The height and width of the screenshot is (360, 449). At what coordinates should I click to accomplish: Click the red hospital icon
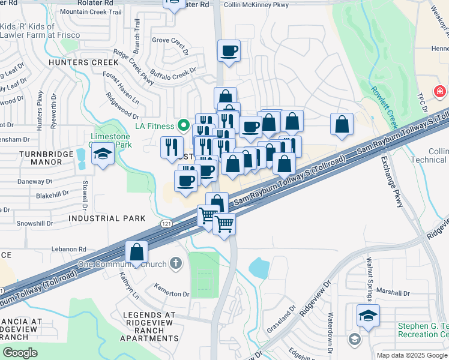(x=441, y=92)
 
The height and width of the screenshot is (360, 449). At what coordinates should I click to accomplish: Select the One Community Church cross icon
(x=175, y=263)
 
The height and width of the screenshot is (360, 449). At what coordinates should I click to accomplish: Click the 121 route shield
(x=167, y=224)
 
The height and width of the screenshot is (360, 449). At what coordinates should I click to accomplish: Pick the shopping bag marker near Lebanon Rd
(x=137, y=252)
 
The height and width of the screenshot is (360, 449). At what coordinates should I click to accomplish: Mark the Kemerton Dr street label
(x=172, y=294)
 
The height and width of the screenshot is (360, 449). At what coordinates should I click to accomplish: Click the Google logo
(x=20, y=353)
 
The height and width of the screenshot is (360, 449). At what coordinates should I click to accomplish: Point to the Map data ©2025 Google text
(x=411, y=355)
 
